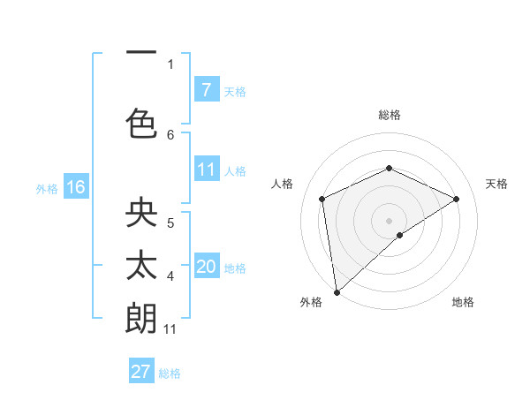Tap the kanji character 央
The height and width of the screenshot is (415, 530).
(x=141, y=214)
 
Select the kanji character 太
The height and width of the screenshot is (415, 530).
(x=141, y=265)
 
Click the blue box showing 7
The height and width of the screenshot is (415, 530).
(x=206, y=89)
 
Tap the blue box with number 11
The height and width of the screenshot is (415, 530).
(x=206, y=169)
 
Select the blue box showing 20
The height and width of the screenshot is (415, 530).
(x=206, y=266)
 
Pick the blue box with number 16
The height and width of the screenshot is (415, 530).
(x=75, y=187)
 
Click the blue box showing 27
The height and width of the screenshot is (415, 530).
(x=140, y=372)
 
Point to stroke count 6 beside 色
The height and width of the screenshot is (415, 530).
(x=170, y=134)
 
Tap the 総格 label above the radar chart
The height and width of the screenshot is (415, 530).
(x=389, y=115)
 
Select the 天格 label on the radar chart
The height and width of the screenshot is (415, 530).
(x=496, y=184)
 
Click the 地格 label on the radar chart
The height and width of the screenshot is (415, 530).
(x=463, y=302)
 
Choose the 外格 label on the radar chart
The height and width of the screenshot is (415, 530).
(x=311, y=302)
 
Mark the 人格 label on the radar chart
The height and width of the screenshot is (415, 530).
(x=283, y=184)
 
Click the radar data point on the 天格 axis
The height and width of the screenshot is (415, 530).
(x=456, y=199)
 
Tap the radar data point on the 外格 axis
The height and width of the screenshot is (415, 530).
(x=337, y=292)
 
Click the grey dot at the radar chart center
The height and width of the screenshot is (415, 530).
(x=389, y=220)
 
